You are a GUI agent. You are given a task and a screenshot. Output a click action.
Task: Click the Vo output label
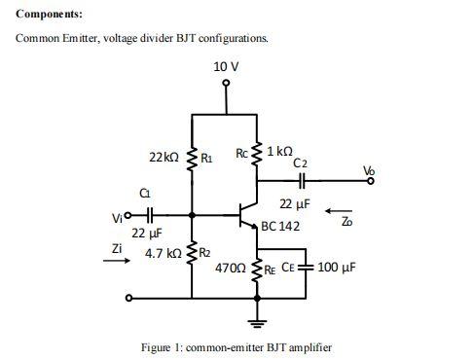pos(367,171)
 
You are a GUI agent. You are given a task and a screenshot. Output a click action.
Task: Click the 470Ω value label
pos(230,266)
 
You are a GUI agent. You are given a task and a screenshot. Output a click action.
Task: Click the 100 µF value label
pos(338,266)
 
